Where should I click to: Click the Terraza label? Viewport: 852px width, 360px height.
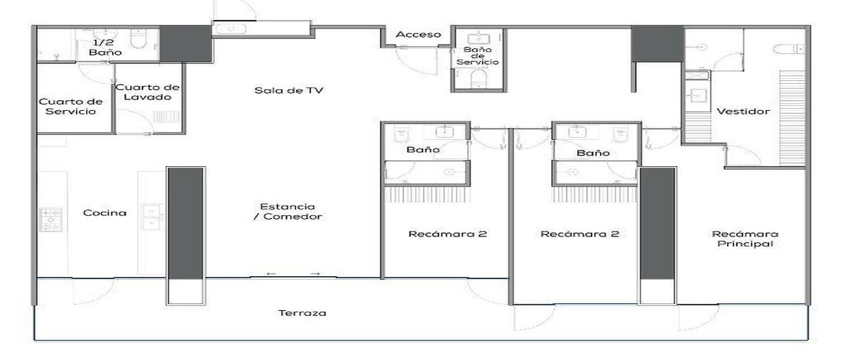tap(302, 313)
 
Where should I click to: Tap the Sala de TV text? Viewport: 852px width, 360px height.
tap(289, 90)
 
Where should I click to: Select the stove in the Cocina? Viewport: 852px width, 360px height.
tap(50, 219)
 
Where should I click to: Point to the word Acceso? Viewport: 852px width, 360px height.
tap(418, 35)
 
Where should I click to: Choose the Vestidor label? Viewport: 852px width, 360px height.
tap(743, 111)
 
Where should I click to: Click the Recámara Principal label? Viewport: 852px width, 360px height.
tap(745, 239)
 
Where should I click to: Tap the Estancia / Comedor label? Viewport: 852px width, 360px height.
tap(288, 212)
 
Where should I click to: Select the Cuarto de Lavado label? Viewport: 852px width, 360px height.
tap(148, 92)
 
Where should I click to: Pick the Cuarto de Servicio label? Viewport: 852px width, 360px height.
tap(71, 107)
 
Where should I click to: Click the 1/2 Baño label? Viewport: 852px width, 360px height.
tap(105, 47)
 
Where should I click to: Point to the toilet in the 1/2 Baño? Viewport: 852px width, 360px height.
tap(138, 38)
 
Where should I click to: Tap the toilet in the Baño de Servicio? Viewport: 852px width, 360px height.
tap(479, 79)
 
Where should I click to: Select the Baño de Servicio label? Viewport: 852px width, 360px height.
tap(478, 55)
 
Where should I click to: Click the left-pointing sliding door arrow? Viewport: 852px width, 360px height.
tap(271, 273)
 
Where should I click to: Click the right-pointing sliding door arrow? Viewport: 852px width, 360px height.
tap(315, 273)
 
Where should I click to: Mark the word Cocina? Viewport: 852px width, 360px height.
tap(104, 213)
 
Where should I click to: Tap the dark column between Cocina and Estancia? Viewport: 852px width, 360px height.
tap(185, 224)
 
